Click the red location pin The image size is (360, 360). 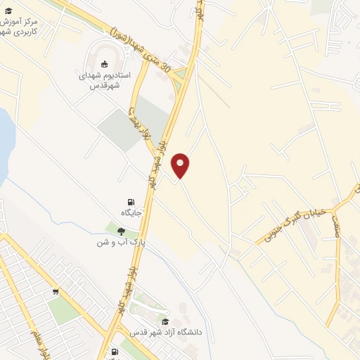click(x=181, y=165)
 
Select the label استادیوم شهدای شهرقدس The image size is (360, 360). click(x=105, y=80)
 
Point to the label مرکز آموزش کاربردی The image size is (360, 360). click(x=28, y=27)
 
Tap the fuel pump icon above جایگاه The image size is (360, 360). click(x=131, y=202)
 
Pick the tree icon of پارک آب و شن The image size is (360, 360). click(x=121, y=231)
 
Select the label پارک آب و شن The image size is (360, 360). click(x=121, y=242)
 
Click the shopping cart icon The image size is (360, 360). click(x=56, y=291)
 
